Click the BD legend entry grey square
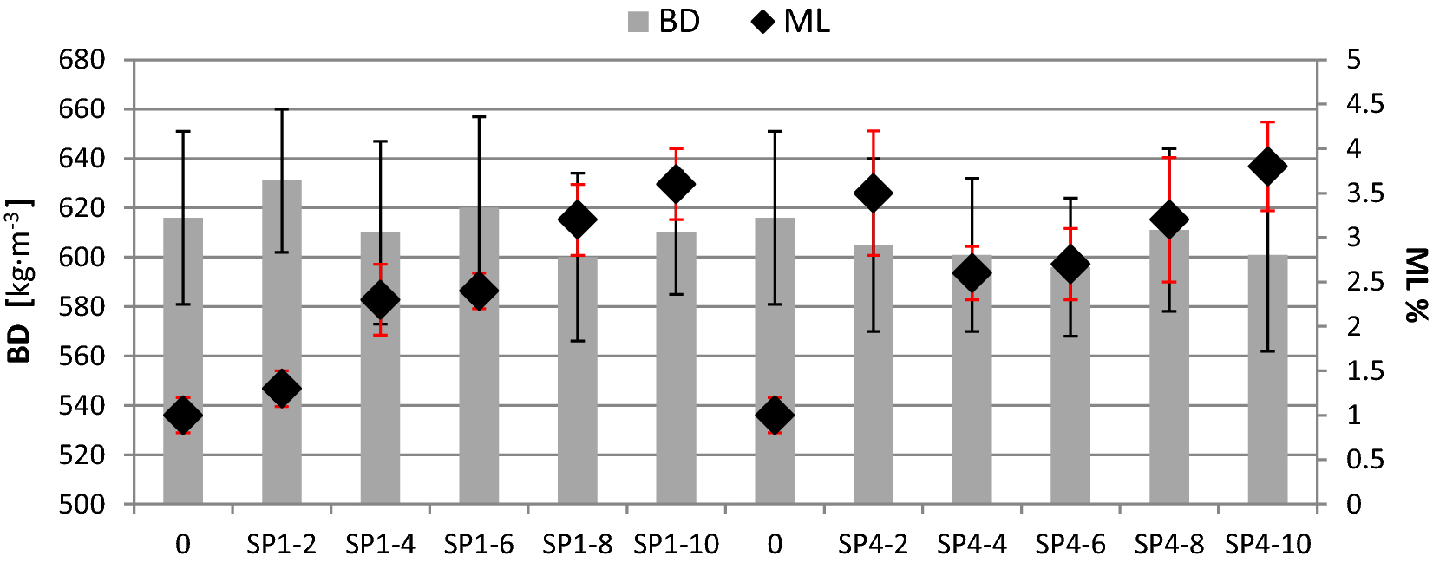638,22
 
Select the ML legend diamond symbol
763,22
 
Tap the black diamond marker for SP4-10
1267,167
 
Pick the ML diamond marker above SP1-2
282,388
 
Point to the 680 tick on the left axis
82,60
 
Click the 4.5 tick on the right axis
1365,105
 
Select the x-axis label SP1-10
676,545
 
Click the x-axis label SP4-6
1070,545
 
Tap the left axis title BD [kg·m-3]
19,280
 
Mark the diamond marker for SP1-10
676,184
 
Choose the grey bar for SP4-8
1168,373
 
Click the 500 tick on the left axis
82,504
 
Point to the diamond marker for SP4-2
873,193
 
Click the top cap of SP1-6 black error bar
479,116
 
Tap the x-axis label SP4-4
972,545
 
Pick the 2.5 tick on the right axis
1365,282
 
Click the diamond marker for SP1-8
578,219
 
